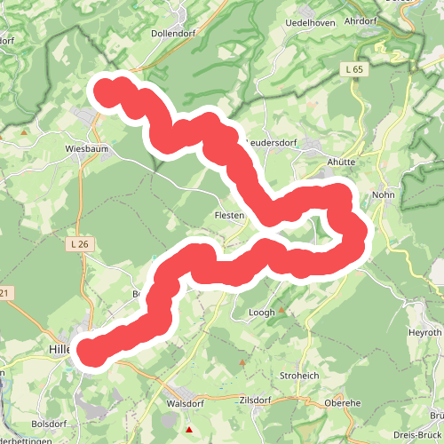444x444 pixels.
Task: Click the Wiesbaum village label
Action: (87, 149)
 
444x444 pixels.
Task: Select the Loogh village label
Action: (262, 313)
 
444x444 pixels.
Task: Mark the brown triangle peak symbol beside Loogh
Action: (282, 311)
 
